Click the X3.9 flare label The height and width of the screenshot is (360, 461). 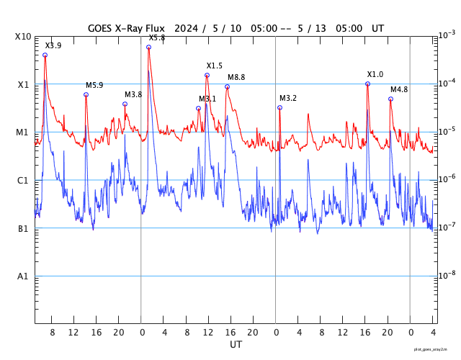pyautogui.click(x=53, y=45)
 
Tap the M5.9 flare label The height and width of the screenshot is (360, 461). pyautogui.click(x=94, y=85)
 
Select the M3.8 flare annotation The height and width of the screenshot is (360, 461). pyautogui.click(x=133, y=94)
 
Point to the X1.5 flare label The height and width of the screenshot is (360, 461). pyautogui.click(x=215, y=66)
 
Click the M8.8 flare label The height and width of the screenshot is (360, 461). pyautogui.click(x=236, y=77)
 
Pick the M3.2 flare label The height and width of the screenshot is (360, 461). pyautogui.click(x=288, y=98)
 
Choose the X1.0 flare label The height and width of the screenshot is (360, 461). pyautogui.click(x=375, y=74)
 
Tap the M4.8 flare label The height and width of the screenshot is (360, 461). pyautogui.click(x=399, y=89)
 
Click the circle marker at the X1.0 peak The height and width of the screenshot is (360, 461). pyautogui.click(x=367, y=84)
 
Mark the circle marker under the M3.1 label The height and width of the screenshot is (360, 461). pyautogui.click(x=199, y=109)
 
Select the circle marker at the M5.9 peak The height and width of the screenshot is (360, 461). pyautogui.click(x=86, y=94)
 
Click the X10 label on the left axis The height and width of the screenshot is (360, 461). pyautogui.click(x=23, y=37)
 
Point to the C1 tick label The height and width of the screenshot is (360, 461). pyautogui.click(x=23, y=181)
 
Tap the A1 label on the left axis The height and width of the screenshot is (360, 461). pyautogui.click(x=23, y=276)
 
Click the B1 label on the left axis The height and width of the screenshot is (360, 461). pyautogui.click(x=23, y=229)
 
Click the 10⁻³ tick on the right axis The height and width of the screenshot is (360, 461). pyautogui.click(x=447, y=35)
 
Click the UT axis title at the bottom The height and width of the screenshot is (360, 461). pyautogui.click(x=236, y=345)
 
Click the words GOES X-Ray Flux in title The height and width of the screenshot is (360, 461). pyautogui.click(x=126, y=28)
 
